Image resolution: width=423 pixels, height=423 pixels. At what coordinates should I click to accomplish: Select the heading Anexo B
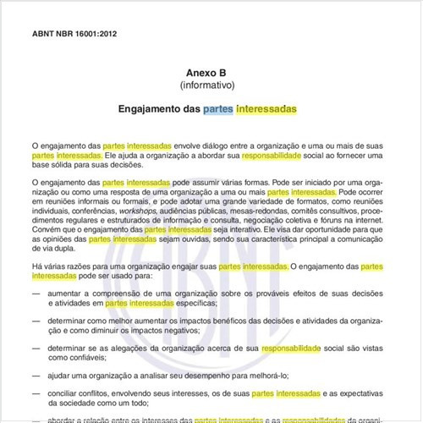tap(212, 74)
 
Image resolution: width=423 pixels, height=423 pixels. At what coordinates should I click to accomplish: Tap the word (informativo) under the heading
tap(212, 86)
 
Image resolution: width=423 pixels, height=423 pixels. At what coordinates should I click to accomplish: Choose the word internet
tap(372, 222)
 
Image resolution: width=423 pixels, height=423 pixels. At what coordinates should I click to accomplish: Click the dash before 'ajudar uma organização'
tap(36, 376)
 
